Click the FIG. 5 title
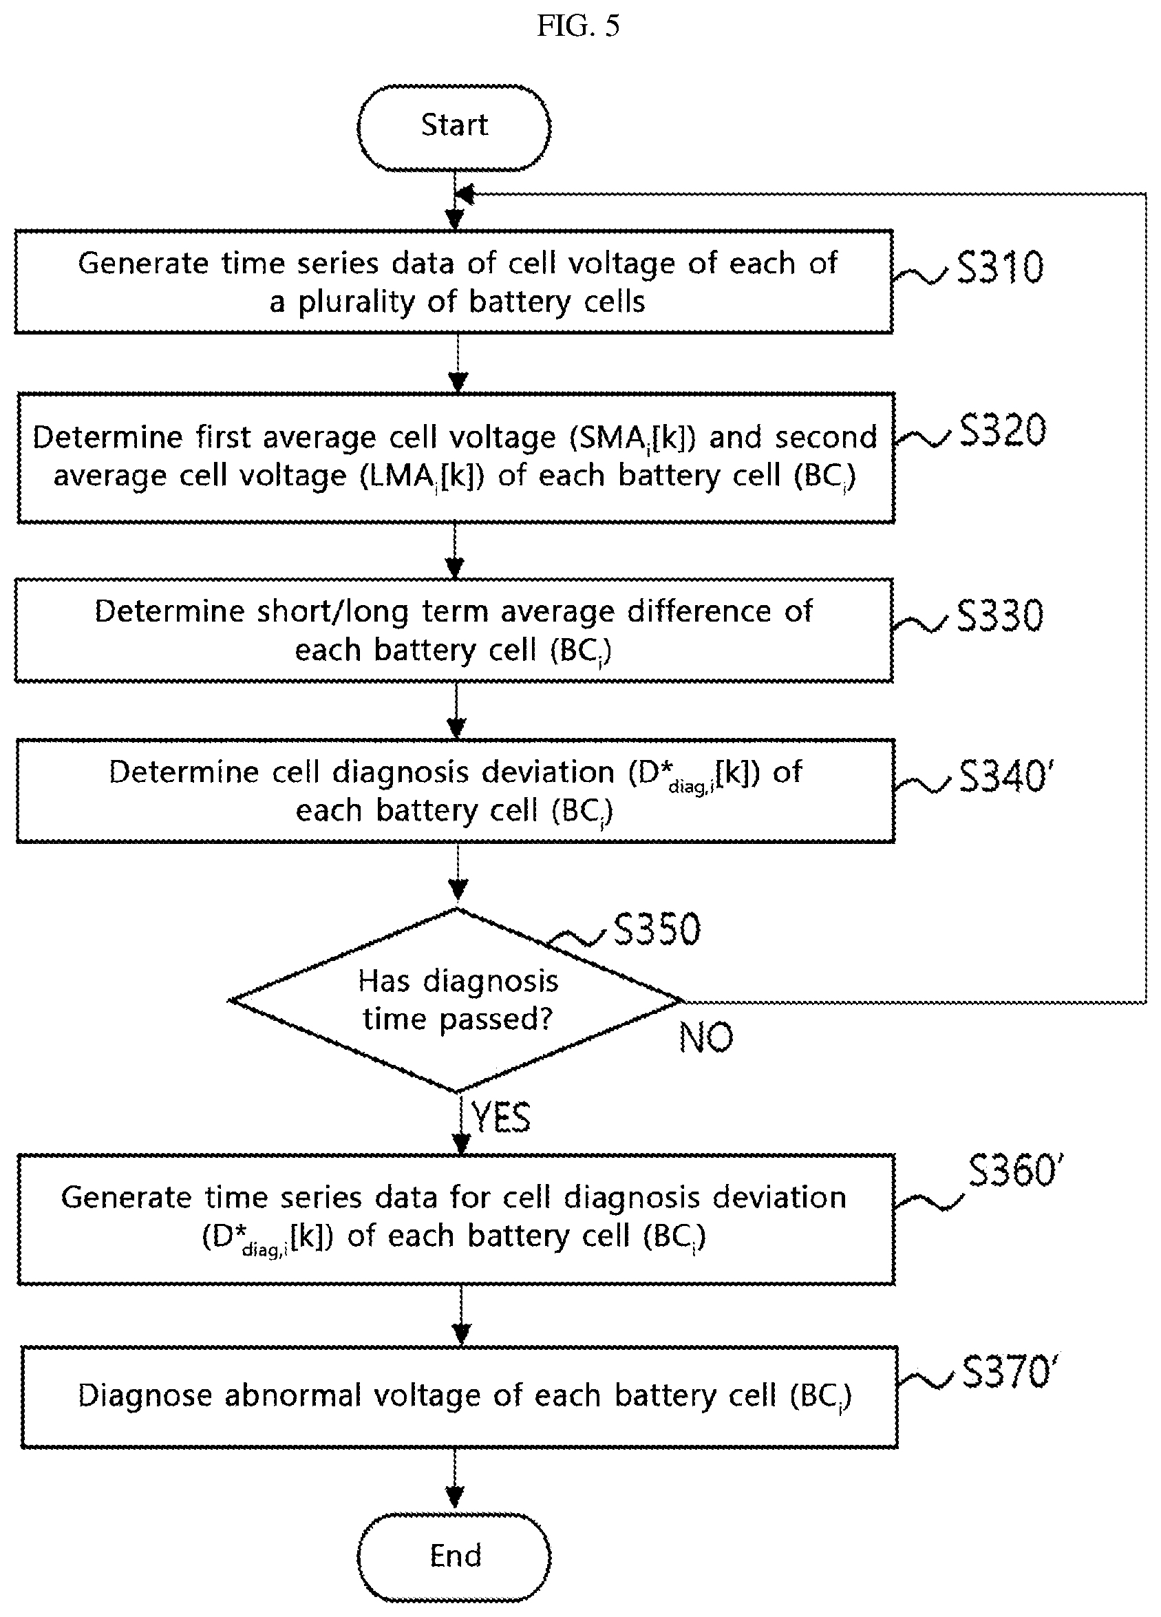click(x=578, y=26)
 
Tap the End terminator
click(x=454, y=1555)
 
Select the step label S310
click(x=999, y=268)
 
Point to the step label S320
click(x=1002, y=431)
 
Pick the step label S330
click(x=999, y=615)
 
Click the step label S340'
click(x=1005, y=776)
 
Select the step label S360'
click(x=1016, y=1171)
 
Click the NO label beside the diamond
click(x=705, y=1037)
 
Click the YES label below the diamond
click(x=501, y=1117)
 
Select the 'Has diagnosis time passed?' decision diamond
click(x=456, y=1000)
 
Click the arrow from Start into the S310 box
click(x=455, y=200)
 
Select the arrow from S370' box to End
click(x=455, y=1480)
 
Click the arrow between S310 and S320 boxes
click(x=458, y=363)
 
